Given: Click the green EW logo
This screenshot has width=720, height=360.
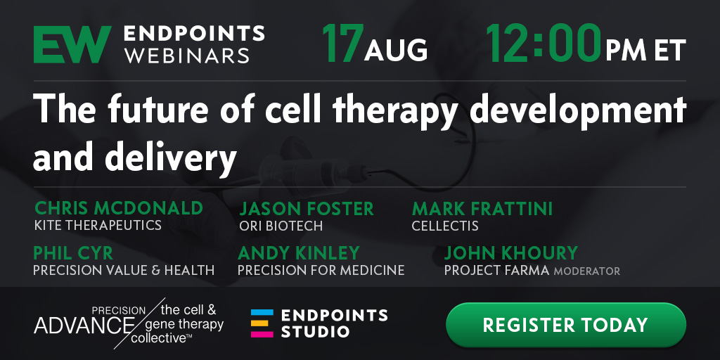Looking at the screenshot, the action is pos(72,44).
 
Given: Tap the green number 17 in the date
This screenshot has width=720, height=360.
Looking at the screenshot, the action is pos(342,44).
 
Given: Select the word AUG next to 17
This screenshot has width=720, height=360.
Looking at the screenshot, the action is pos(396,50).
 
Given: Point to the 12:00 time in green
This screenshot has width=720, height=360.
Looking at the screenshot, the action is pos(544,44).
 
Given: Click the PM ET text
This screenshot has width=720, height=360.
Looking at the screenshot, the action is pos(645,50).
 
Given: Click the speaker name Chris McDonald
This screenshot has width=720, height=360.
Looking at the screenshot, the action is pos(119,208).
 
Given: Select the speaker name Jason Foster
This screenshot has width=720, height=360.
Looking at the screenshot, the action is pos(307,209).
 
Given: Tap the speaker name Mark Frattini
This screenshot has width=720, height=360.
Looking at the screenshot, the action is pos(482,209).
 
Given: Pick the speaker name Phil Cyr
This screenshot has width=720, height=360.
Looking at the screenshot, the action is pos(73,253).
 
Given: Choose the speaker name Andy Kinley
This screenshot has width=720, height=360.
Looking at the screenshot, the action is pos(298,253).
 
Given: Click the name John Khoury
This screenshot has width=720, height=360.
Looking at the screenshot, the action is pos(511,253).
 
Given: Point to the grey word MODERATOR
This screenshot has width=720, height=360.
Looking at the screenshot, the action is pos(586,271).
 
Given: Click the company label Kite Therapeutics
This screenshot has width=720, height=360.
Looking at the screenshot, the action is pos(98,225).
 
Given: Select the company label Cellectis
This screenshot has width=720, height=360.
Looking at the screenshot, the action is pos(445,226).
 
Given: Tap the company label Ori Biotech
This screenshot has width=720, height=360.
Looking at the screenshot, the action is pos(281,226).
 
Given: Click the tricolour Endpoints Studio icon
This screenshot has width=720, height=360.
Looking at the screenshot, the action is pos(262,323).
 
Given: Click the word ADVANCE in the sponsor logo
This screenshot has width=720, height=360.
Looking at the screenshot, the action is pos(82,325).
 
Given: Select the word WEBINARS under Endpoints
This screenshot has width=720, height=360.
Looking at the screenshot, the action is pos(187,56).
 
